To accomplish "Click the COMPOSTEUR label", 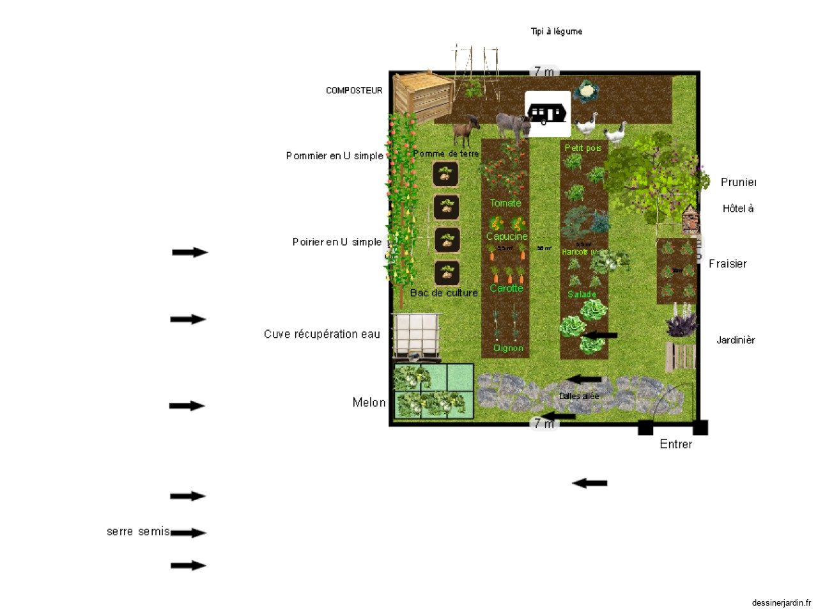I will coord(354,91).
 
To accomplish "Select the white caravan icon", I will coord(547,114).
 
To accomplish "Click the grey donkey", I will coord(513,126).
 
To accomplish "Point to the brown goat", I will coord(467,131).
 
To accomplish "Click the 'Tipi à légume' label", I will coord(556,31).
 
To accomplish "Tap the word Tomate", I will coord(505,203).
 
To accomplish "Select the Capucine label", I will coord(507,237).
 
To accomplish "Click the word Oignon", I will coord(508,348).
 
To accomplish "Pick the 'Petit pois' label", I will coord(583,148).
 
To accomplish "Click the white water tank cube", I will coord(416,335).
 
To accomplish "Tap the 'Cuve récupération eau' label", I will coord(321,334).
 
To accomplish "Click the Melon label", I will coord(369,402).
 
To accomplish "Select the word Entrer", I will coord(675,444).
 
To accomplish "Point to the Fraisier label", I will coord(727,264).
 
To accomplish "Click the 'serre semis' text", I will coord(138,531).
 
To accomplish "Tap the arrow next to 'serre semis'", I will coord(189,533).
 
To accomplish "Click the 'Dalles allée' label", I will coord(579,396).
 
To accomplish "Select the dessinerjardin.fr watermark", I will coord(781,602).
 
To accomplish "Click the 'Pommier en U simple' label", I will coord(334,156).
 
